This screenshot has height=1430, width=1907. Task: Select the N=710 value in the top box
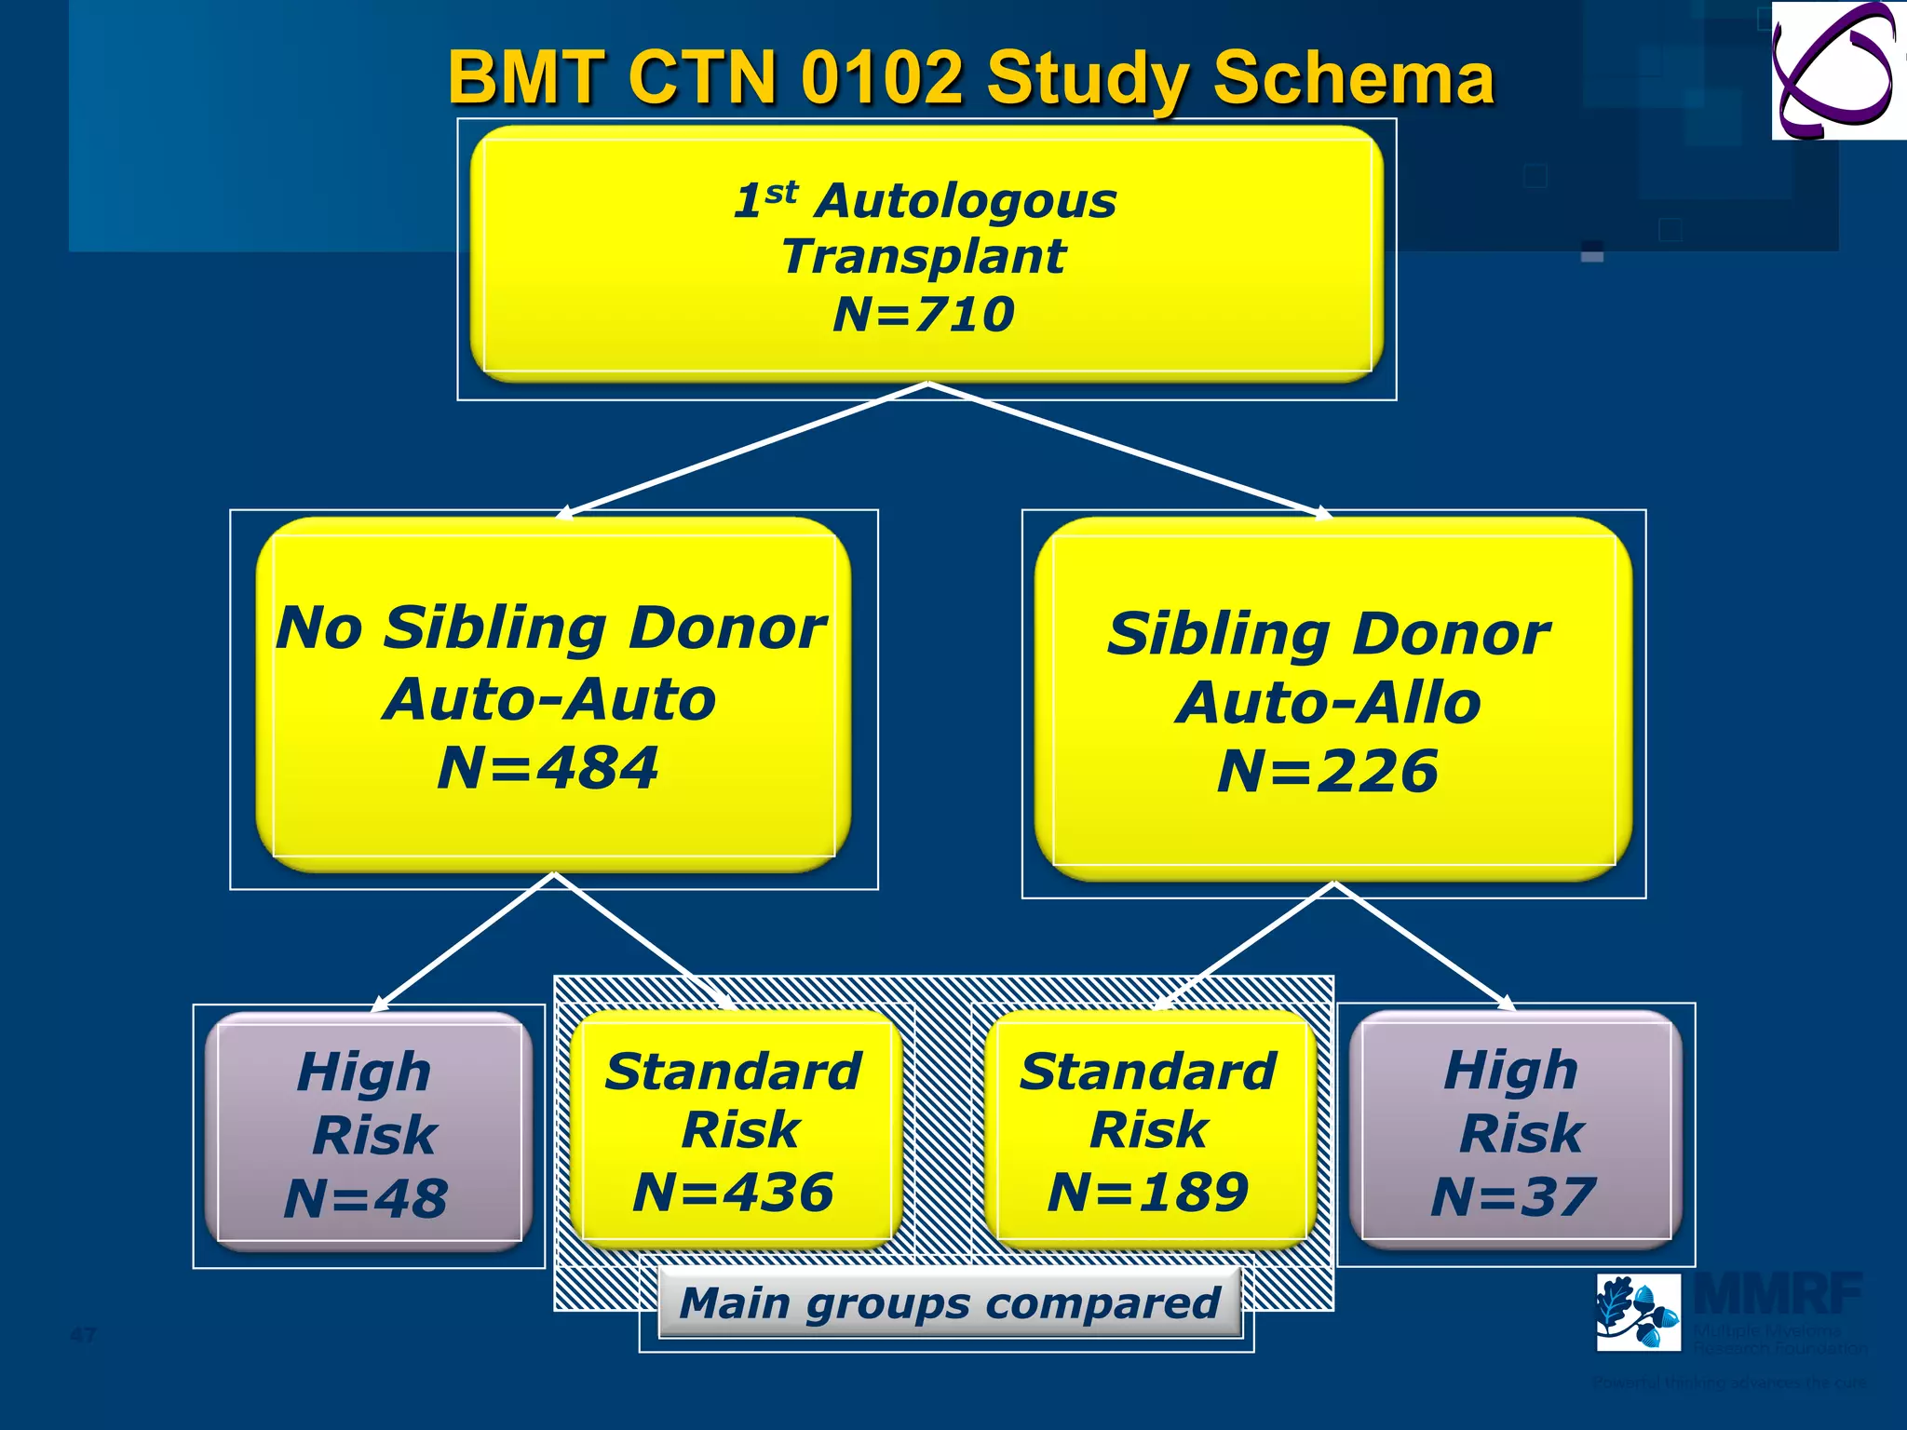pyautogui.click(x=924, y=315)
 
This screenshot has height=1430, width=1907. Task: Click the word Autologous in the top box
pyautogui.click(x=965, y=201)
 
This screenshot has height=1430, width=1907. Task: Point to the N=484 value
pyautogui.click(x=548, y=769)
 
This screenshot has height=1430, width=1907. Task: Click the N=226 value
pyautogui.click(x=1328, y=773)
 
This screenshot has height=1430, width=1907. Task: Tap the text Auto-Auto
pyautogui.click(x=549, y=699)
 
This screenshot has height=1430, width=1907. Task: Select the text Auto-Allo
pyautogui.click(x=1329, y=703)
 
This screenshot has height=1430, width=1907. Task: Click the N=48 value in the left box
pyautogui.click(x=366, y=1198)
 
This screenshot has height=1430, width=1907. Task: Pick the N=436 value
pyautogui.click(x=734, y=1193)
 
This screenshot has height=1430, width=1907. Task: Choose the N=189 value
pyautogui.click(x=1148, y=1193)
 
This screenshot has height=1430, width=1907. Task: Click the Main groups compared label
pyautogui.click(x=950, y=1302)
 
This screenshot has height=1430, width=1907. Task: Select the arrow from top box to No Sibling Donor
pyautogui.click(x=745, y=449)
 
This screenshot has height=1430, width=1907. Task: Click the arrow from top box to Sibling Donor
pyautogui.click(x=1127, y=449)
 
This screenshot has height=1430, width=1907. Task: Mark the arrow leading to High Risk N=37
pyautogui.click(x=1425, y=945)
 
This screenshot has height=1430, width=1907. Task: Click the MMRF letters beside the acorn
pyautogui.click(x=1779, y=1294)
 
